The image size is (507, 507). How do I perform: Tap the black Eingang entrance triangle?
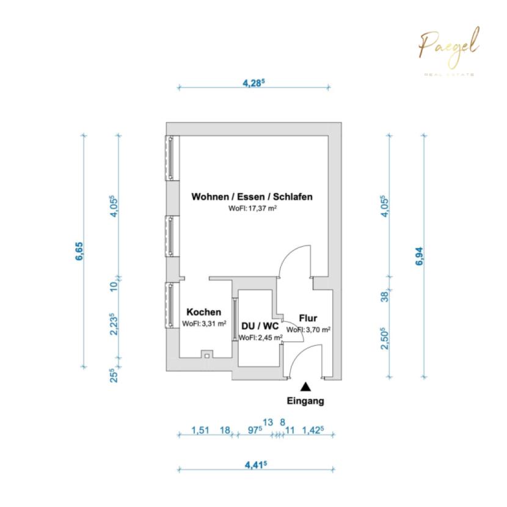click(305, 387)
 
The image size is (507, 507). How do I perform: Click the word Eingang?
click(305, 401)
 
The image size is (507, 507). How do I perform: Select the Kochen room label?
click(204, 312)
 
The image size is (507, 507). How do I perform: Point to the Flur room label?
click(308, 318)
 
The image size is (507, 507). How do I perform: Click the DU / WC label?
click(260, 326)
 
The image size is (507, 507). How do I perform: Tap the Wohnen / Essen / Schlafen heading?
click(252, 197)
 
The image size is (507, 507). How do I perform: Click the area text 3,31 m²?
click(214, 323)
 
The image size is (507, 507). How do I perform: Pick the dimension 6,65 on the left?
click(79, 251)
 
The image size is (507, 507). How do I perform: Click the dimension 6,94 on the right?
click(419, 256)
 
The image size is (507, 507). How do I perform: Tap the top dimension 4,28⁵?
click(254, 83)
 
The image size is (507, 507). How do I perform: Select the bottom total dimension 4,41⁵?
click(256, 465)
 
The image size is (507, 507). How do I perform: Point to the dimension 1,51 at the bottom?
click(200, 431)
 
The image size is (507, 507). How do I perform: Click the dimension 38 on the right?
click(385, 296)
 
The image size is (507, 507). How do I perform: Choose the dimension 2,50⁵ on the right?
click(384, 338)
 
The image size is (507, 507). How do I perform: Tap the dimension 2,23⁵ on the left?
click(114, 324)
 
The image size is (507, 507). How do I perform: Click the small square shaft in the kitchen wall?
click(207, 354)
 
